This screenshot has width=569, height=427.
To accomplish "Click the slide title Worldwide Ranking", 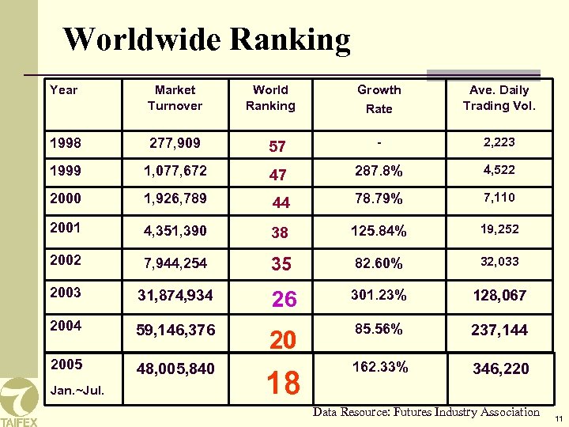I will (x=206, y=39).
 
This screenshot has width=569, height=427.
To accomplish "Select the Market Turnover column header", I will (x=175, y=98).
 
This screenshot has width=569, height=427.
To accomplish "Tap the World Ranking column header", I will (x=270, y=98).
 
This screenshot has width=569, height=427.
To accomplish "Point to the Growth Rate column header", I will (x=379, y=99).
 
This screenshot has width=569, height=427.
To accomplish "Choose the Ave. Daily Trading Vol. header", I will (x=499, y=98).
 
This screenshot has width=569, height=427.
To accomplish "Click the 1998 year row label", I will (x=65, y=144).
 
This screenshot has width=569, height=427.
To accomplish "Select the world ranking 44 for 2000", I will (x=281, y=203).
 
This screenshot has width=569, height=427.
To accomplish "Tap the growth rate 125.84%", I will (x=380, y=232).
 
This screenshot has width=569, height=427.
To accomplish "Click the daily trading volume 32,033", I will (x=499, y=261).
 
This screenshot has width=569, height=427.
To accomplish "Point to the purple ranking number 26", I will (x=284, y=299).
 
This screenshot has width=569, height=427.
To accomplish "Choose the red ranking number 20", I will (x=282, y=340).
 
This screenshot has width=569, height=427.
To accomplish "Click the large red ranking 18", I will (x=283, y=383).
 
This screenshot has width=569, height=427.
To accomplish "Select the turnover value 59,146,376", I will (x=175, y=329).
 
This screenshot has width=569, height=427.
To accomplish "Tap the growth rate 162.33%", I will (x=380, y=367).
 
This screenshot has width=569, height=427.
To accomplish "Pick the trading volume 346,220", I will (x=500, y=368).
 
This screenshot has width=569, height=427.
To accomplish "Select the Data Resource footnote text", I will (x=426, y=411).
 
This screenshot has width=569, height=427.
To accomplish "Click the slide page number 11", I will (x=557, y=418).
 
